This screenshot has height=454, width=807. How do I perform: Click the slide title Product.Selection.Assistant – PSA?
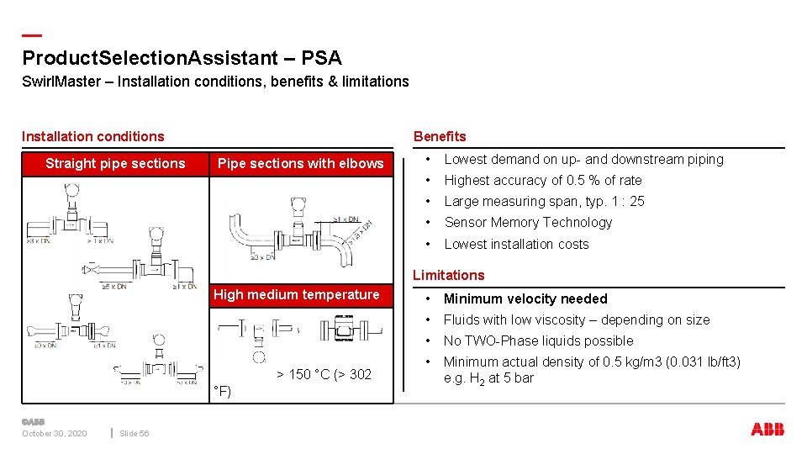(182, 58)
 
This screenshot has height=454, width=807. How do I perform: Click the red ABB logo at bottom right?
(767, 430)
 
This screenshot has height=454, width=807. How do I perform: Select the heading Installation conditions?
(93, 136)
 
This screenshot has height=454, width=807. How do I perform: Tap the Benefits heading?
(439, 136)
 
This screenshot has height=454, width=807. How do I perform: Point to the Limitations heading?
(448, 275)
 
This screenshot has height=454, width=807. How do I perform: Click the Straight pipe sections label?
(115, 163)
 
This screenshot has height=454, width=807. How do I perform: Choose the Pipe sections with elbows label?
(300, 163)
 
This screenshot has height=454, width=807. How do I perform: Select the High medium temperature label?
(296, 294)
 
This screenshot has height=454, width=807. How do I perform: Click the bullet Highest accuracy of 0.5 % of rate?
(542, 180)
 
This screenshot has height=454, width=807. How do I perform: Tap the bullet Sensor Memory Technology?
(528, 222)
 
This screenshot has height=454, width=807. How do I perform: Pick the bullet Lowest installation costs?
(516, 244)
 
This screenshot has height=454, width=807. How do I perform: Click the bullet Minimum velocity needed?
(525, 298)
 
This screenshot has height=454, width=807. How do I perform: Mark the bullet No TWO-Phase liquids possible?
(538, 340)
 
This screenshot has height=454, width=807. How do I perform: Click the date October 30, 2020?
(54, 433)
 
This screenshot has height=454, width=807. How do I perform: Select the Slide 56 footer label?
(134, 433)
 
